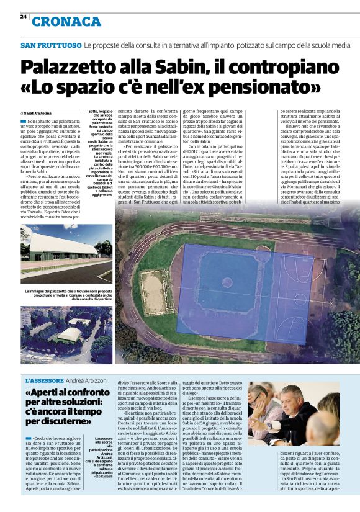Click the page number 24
click(23, 17)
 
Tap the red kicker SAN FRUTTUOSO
click(50, 46)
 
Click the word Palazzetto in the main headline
click(72, 66)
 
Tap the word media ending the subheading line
click(340, 46)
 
